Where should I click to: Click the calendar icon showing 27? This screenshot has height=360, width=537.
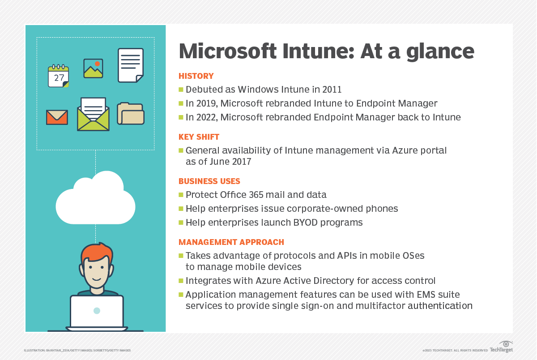[x=58, y=76]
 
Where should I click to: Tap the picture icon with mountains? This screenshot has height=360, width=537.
[x=93, y=69]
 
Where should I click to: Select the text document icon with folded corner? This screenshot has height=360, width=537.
[x=131, y=65]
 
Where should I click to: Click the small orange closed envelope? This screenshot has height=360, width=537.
[x=57, y=117]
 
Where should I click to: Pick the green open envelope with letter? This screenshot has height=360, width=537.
[x=93, y=114]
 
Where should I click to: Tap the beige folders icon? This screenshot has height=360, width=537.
[x=131, y=114]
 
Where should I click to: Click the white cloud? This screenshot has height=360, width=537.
[x=95, y=197]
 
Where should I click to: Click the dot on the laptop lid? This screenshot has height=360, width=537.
[x=97, y=311]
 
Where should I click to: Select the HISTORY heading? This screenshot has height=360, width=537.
[x=196, y=76]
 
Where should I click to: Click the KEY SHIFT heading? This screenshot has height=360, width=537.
[x=199, y=137]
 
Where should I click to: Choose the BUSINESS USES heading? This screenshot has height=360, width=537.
[x=209, y=181]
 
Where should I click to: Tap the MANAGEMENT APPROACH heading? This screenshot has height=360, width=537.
[x=231, y=242]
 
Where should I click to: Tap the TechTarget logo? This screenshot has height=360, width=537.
[x=501, y=347]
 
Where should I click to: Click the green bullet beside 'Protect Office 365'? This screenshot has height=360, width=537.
[x=181, y=194]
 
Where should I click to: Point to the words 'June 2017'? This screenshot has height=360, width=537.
[x=230, y=162]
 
